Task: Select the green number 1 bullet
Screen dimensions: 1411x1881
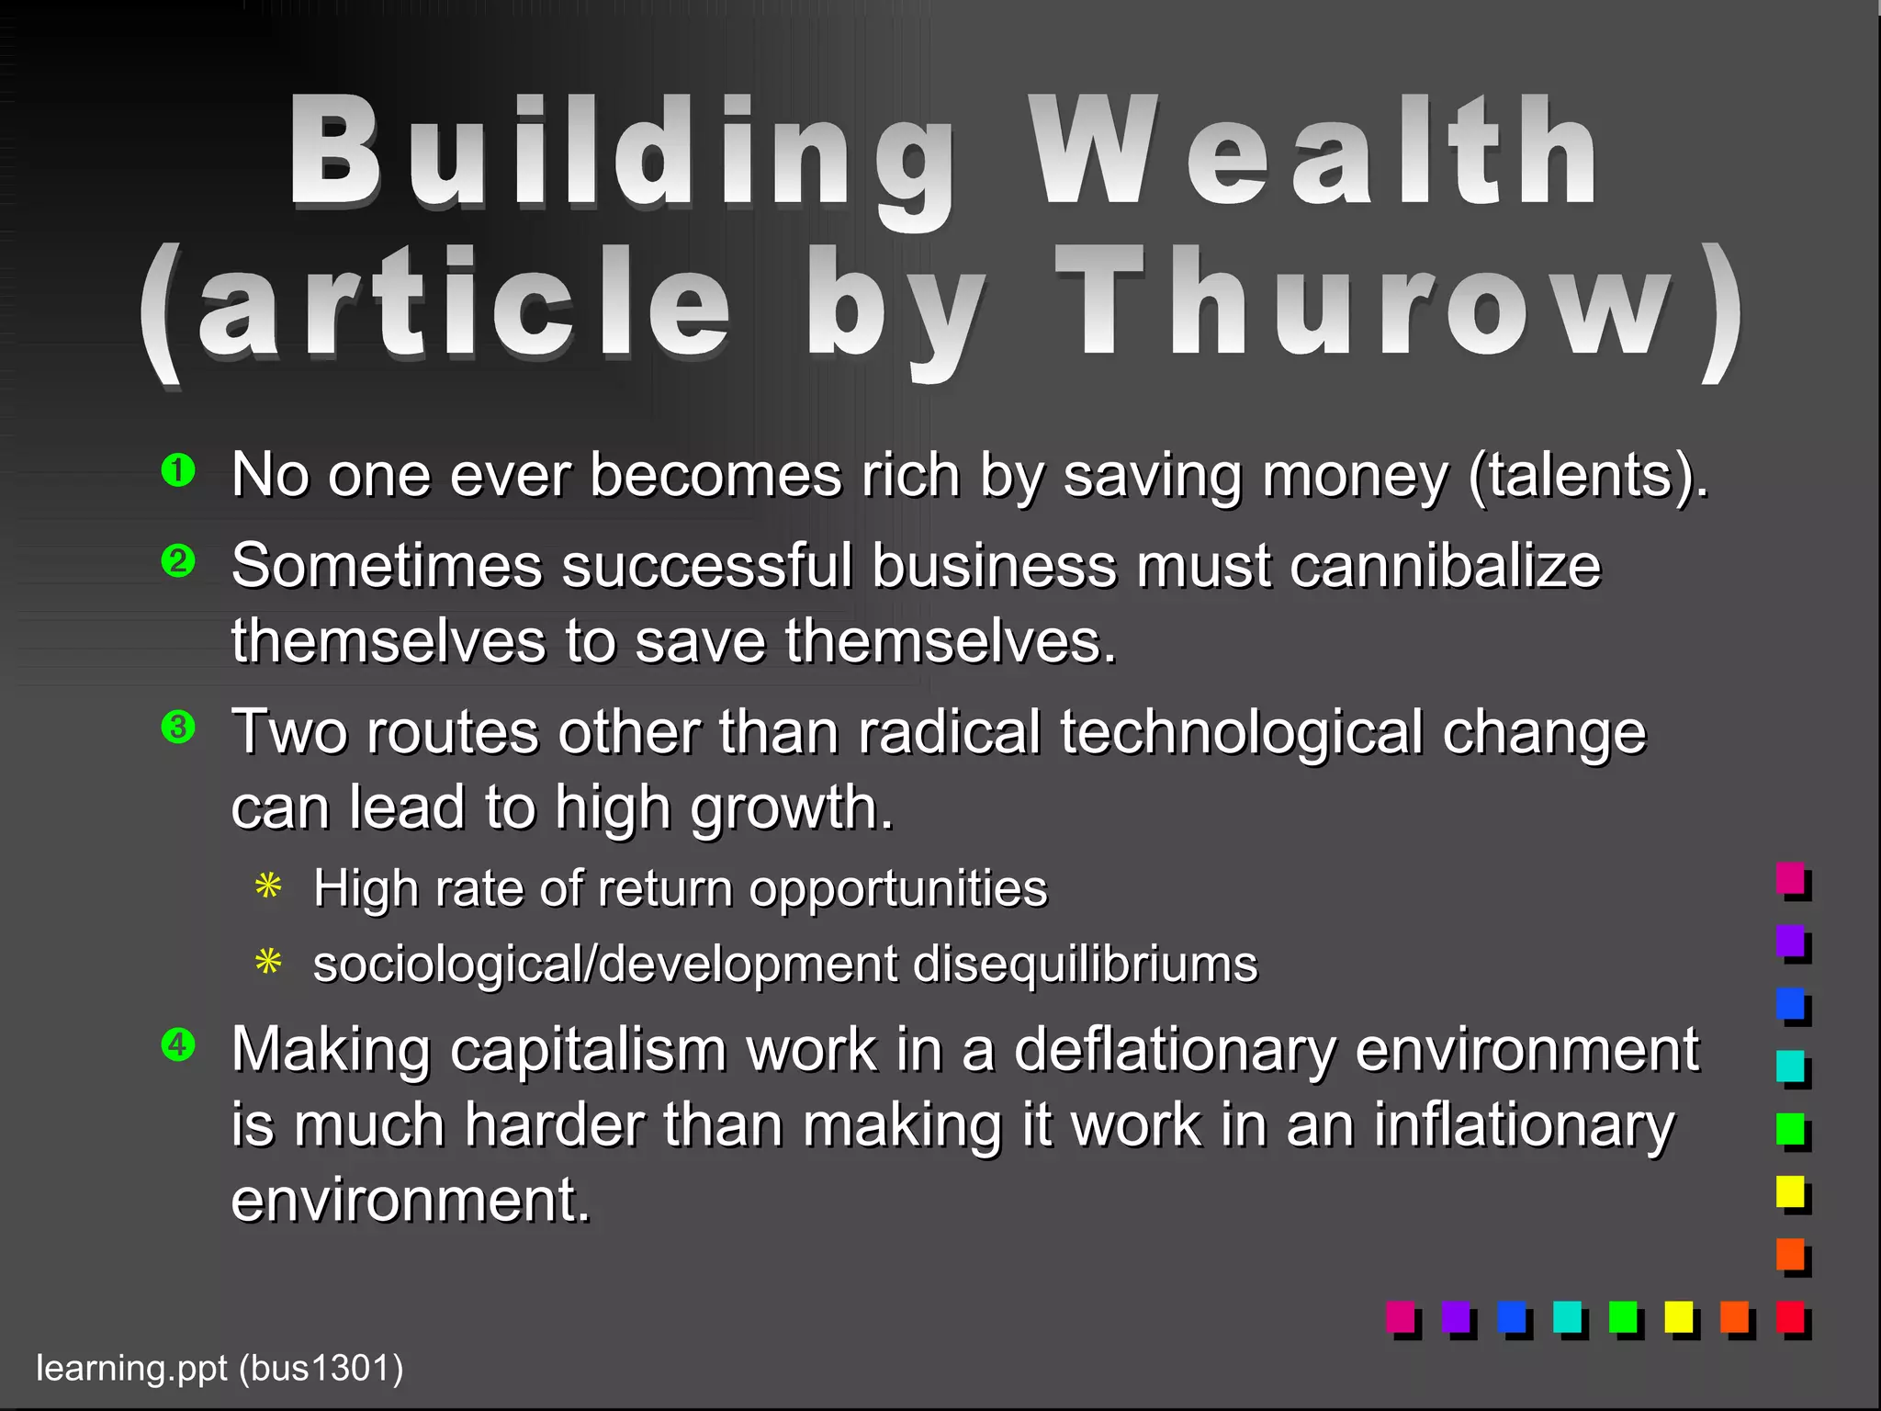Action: click(x=178, y=471)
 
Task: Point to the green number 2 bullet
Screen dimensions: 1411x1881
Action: click(x=178, y=560)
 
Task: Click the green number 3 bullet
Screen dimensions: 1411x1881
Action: click(x=178, y=728)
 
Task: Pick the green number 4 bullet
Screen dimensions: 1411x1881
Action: click(x=178, y=1044)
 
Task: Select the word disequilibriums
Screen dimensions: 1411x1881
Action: click(x=1085, y=965)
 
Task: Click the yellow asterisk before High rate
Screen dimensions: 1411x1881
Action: click(x=268, y=887)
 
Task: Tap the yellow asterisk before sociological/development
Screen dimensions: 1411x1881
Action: click(x=268, y=963)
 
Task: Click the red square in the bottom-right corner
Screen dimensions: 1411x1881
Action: click(x=1790, y=1316)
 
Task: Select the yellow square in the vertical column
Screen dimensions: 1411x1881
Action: click(x=1790, y=1191)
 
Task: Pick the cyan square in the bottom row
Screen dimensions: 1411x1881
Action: click(x=1567, y=1316)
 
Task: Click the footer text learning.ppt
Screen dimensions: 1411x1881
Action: click(x=131, y=1369)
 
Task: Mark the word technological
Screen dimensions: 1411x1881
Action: click(x=1241, y=733)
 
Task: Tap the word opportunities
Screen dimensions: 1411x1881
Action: click(x=897, y=889)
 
